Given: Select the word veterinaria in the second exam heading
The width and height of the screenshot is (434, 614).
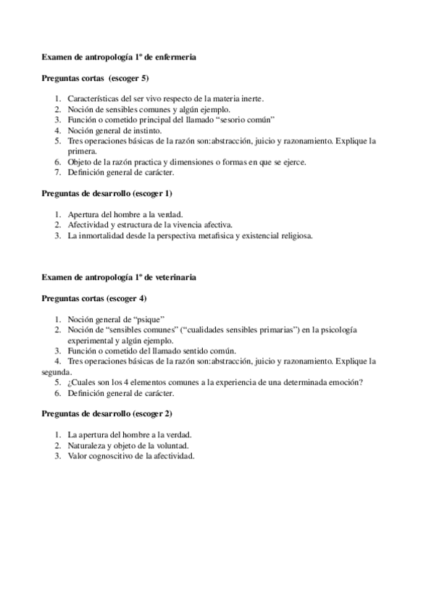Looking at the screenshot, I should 175,277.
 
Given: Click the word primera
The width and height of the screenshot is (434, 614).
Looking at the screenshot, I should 81,151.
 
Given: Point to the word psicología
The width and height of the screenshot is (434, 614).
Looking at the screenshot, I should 338,330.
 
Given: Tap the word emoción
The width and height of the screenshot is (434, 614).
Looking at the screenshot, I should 344,383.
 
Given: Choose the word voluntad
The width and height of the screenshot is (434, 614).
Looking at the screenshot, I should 174,446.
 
